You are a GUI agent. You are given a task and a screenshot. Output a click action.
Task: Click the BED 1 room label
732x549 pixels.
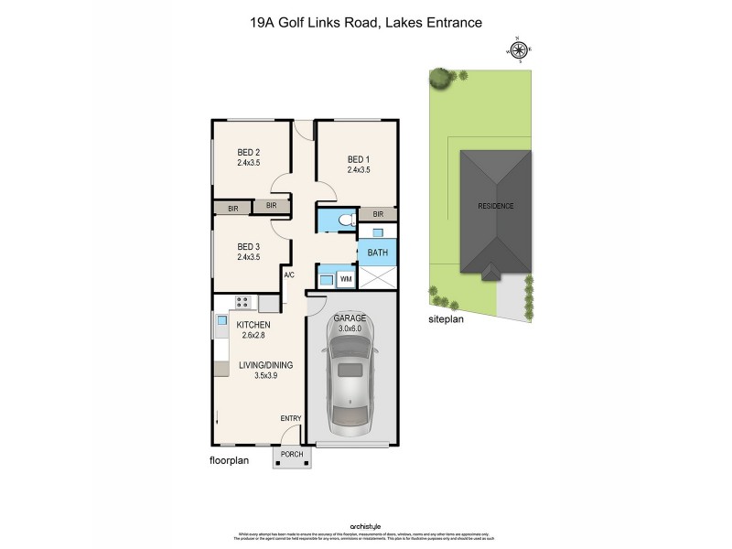(x=359, y=156)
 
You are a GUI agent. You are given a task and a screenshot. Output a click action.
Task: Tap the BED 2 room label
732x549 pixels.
(x=249, y=152)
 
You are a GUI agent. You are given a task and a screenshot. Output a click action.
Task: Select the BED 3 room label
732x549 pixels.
(x=249, y=246)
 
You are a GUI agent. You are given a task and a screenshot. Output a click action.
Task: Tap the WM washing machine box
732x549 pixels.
(x=346, y=278)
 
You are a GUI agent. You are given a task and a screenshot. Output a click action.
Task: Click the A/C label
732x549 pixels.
(x=289, y=275)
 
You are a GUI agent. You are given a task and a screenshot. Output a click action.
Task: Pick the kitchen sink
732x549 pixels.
(x=221, y=321)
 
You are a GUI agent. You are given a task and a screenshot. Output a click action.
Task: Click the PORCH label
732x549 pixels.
(x=291, y=455)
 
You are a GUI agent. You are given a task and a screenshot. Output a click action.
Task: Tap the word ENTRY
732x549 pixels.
(x=291, y=419)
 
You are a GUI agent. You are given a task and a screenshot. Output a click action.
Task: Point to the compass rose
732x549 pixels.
(x=519, y=52)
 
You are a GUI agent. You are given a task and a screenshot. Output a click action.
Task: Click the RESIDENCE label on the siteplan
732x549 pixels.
(x=496, y=206)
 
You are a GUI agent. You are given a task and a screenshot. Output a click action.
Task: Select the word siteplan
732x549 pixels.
(x=446, y=320)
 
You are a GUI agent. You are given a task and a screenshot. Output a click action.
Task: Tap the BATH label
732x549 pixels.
(x=376, y=253)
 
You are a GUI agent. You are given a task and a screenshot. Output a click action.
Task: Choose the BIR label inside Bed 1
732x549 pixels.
(x=377, y=214)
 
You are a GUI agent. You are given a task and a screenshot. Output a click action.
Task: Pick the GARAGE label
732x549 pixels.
(x=350, y=317)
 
